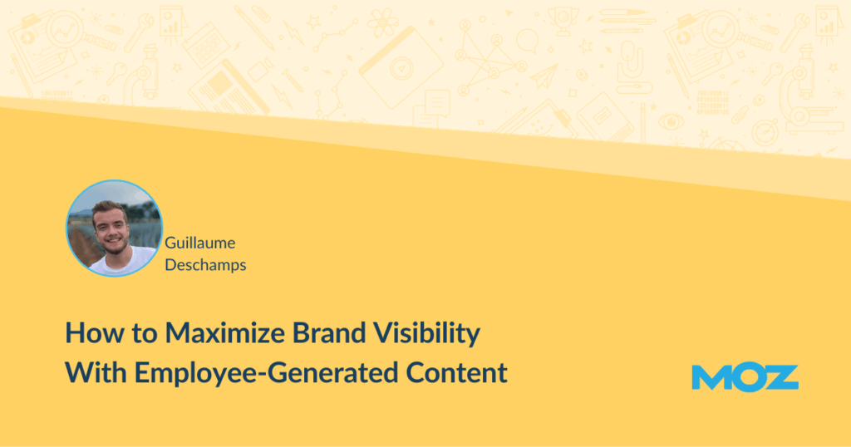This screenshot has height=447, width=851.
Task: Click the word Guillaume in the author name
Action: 199,243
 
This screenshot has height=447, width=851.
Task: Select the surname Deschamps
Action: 205,265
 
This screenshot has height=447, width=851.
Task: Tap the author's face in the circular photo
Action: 111,228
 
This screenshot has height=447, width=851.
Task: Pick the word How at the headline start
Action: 86,332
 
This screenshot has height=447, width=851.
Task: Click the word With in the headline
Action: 96,373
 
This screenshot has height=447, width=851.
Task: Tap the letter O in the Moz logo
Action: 747,377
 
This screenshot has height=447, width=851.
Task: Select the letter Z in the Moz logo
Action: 781,377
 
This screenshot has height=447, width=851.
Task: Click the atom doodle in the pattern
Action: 382,22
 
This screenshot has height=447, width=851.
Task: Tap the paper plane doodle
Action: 544,76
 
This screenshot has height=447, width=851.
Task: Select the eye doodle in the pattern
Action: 671,121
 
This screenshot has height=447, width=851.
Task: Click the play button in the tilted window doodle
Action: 401,69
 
